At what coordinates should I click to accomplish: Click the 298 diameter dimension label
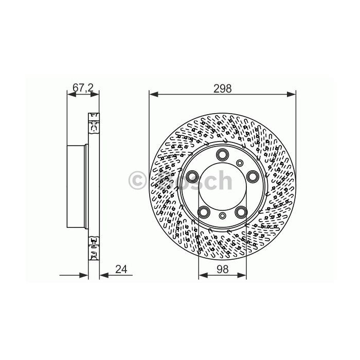point(223,88)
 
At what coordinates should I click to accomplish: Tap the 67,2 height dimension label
point(83,88)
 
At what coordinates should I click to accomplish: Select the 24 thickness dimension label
point(121,269)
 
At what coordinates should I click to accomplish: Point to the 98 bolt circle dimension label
point(223,269)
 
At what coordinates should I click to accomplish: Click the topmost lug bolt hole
point(223,154)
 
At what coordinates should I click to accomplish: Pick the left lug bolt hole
point(192,176)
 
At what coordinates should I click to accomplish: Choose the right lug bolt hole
point(253,176)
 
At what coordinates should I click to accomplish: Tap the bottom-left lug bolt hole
point(204,212)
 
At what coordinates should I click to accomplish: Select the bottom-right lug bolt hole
point(241,212)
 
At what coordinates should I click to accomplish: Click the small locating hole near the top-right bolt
point(240,163)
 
